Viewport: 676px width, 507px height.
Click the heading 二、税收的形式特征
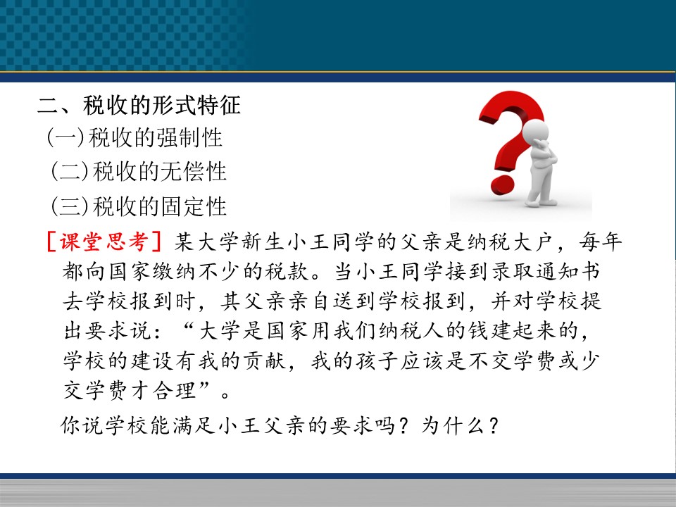coord(139,105)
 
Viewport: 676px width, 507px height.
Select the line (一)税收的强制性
coord(134,138)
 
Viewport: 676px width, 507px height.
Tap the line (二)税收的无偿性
coord(139,172)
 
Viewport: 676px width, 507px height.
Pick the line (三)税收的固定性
coord(139,206)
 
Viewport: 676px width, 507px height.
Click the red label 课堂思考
coord(104,241)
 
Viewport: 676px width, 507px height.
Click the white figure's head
coord(535,131)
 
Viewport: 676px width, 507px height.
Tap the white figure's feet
coord(541,201)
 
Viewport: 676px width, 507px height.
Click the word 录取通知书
coord(545,271)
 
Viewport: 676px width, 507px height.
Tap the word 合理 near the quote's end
coord(175,390)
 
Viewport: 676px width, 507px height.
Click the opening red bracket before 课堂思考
coord(51,242)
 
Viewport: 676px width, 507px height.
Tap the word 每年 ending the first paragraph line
coord(601,241)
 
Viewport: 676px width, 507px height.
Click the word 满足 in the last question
coord(194,425)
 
